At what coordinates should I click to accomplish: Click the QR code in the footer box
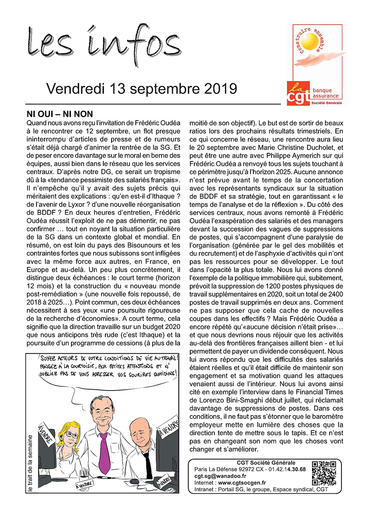(x=323, y=473)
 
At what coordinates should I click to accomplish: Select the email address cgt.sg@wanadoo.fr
(x=220, y=476)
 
